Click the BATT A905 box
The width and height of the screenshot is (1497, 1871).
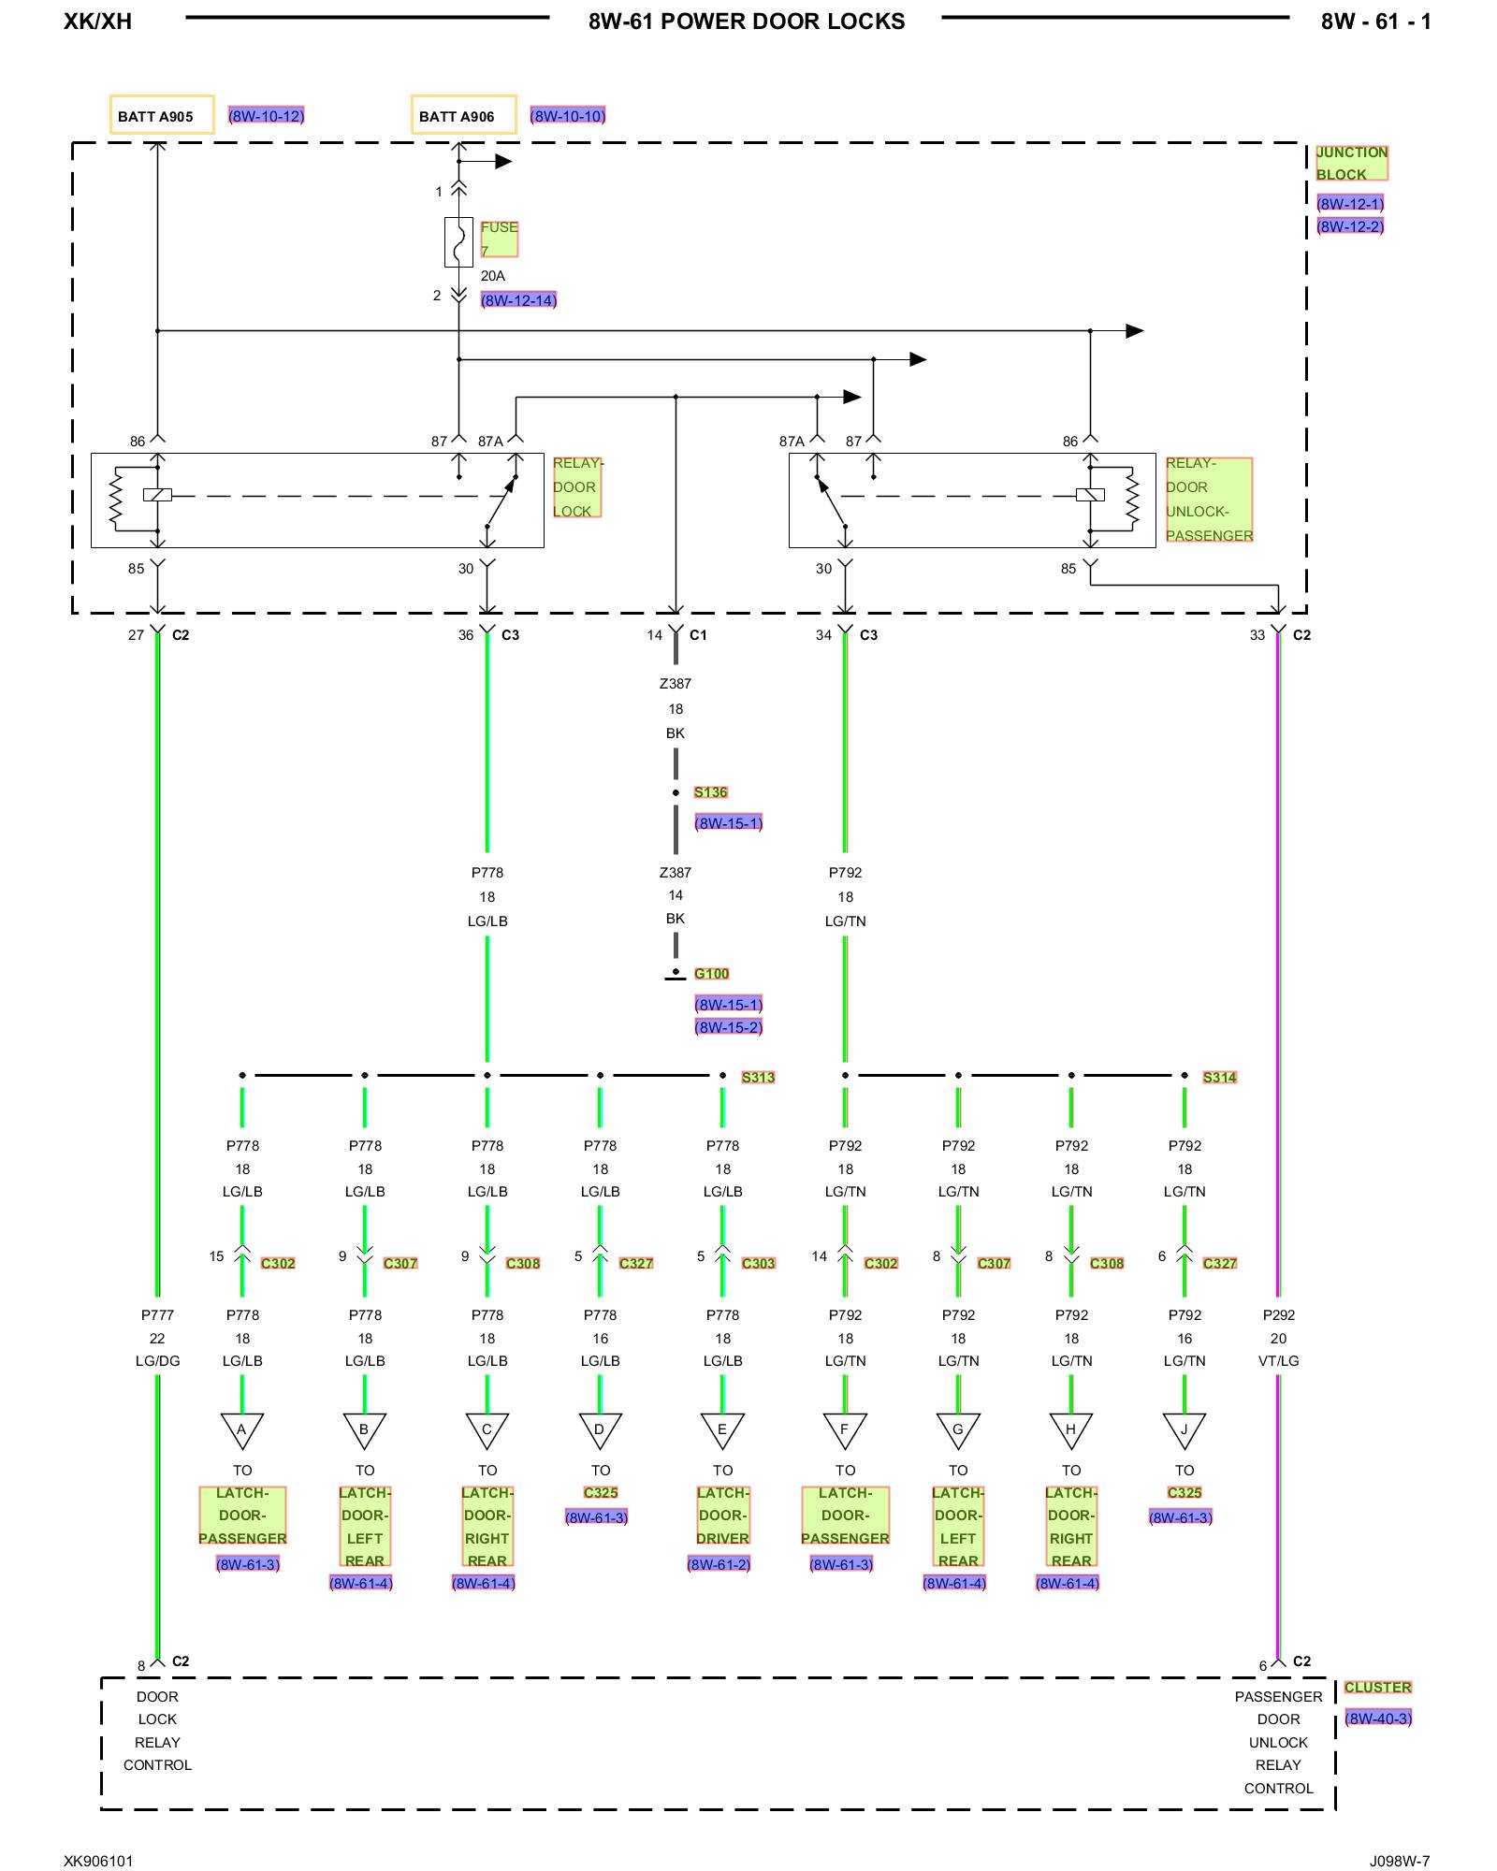[x=162, y=115]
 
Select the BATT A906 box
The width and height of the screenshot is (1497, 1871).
[x=464, y=115]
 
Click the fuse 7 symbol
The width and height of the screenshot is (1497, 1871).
[x=458, y=242]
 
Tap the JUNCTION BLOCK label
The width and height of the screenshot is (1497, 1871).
[x=1352, y=163]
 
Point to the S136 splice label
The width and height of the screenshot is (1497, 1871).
[x=710, y=792]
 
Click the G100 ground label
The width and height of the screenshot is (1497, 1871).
[x=711, y=974]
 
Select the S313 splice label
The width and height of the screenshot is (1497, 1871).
[x=758, y=1077]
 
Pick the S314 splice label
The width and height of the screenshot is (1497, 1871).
[x=1219, y=1077]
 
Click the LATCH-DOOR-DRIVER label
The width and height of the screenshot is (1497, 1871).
[x=722, y=1516]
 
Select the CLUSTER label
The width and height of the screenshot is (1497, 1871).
[x=1377, y=1687]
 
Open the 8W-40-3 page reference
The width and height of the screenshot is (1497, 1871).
[x=1377, y=1718]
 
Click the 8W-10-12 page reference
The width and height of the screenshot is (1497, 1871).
[x=267, y=116]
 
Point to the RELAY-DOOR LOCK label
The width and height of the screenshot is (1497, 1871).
[x=576, y=487]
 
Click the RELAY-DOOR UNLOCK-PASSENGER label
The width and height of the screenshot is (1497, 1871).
[x=1209, y=500]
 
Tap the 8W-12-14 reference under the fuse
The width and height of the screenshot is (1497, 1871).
[x=518, y=300]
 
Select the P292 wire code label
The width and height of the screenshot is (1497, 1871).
[x=1278, y=1314]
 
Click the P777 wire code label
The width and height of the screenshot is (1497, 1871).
[x=157, y=1314]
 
